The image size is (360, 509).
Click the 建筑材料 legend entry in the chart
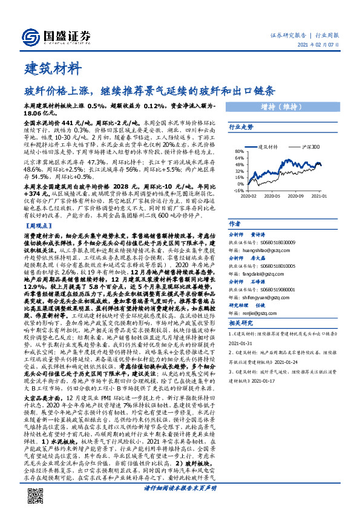(x=267, y=146)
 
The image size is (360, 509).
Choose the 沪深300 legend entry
(x=313, y=146)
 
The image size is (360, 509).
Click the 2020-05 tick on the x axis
(x=274, y=195)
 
